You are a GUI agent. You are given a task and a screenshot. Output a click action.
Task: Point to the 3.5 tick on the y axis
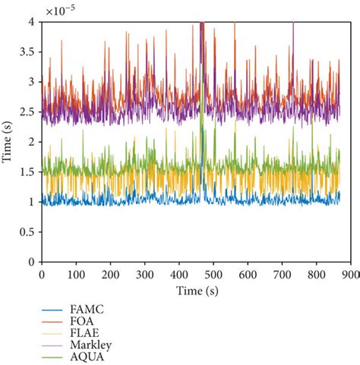29,51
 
